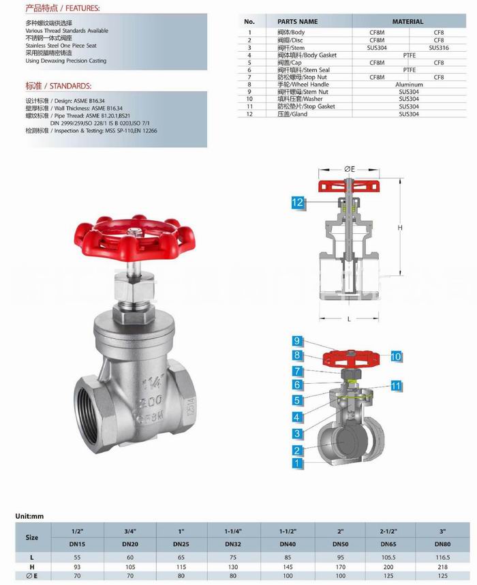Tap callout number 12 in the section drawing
tap(298, 202)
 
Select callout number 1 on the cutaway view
tap(297, 463)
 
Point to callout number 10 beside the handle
tap(396, 356)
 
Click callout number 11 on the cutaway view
tap(395, 386)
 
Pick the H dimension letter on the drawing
tap(401, 227)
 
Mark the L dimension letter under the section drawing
tap(348, 318)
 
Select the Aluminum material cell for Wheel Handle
tap(409, 85)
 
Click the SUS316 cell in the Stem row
tap(439, 48)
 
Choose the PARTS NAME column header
tap(298, 22)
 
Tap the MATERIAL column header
tap(409, 22)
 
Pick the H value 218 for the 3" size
tap(443, 567)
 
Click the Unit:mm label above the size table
tap(29, 516)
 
